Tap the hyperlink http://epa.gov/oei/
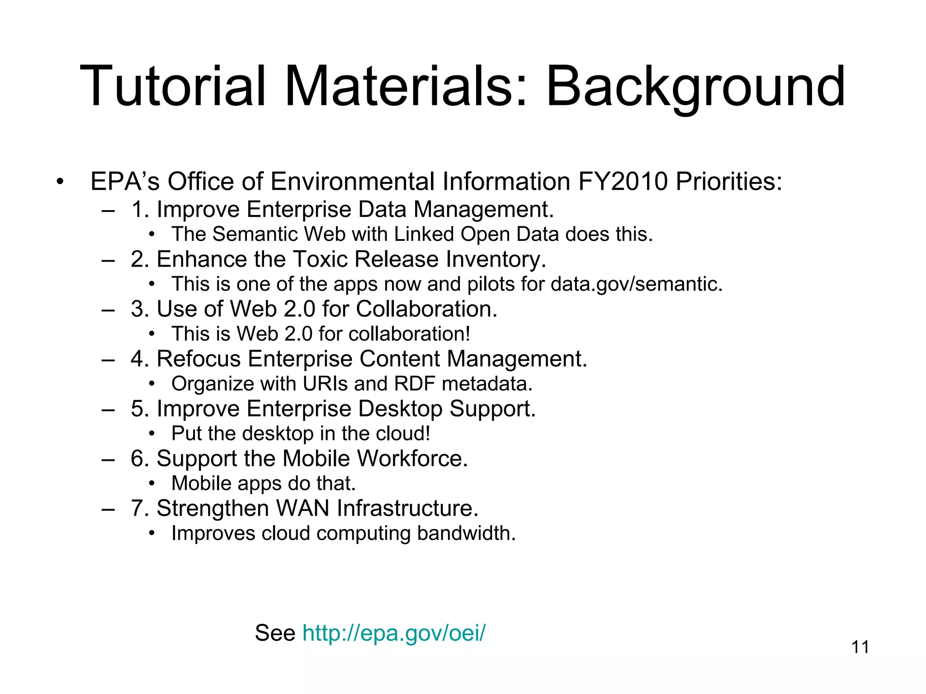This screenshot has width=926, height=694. [394, 633]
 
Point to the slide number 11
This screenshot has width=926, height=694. [860, 647]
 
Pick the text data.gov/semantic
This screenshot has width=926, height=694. [636, 284]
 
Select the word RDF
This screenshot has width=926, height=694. [414, 384]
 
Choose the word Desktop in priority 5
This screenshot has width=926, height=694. [400, 409]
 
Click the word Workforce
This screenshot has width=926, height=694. [412, 459]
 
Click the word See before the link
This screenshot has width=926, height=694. [275, 633]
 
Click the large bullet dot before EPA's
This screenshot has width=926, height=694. [60, 183]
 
